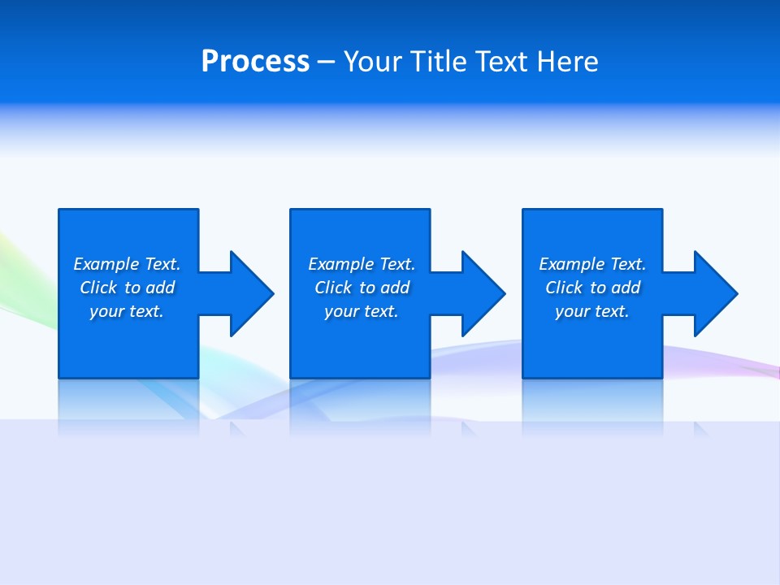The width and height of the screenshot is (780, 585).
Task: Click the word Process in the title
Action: click(255, 62)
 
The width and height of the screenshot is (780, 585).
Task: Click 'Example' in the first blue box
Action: click(106, 264)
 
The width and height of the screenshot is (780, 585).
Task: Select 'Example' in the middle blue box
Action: click(341, 264)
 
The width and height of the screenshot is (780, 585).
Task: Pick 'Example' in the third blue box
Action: click(572, 264)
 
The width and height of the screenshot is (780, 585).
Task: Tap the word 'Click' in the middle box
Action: click(333, 288)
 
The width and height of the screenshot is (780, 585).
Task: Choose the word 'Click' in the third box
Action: click(564, 288)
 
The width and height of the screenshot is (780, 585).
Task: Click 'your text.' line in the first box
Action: click(127, 312)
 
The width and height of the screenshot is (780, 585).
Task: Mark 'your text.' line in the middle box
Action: click(362, 312)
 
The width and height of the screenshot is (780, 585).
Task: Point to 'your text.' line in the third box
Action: click(592, 312)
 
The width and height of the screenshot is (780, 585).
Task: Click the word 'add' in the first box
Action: click(159, 288)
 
